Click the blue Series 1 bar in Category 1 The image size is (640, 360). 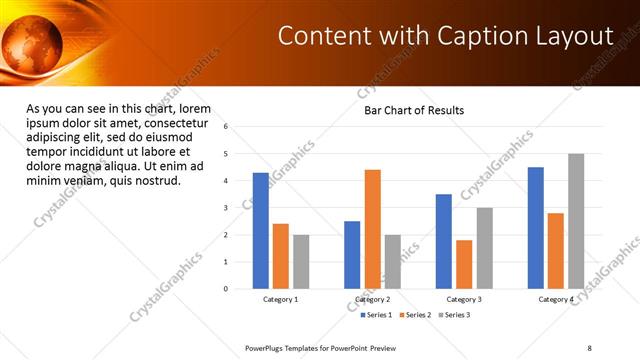tap(261, 230)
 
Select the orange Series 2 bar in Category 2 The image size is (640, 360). tap(372, 229)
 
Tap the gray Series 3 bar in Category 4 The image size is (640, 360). tap(576, 221)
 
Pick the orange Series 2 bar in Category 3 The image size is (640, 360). tap(464, 264)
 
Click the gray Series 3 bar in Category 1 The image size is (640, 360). tap(301, 261)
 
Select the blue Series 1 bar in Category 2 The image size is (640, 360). tap(352, 254)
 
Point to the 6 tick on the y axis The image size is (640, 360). tap(227, 127)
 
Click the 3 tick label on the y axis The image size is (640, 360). tap(227, 208)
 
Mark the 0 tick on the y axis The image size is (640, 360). tap(227, 289)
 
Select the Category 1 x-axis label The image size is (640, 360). tap(281, 299)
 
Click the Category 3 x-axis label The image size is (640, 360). tap(463, 299)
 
